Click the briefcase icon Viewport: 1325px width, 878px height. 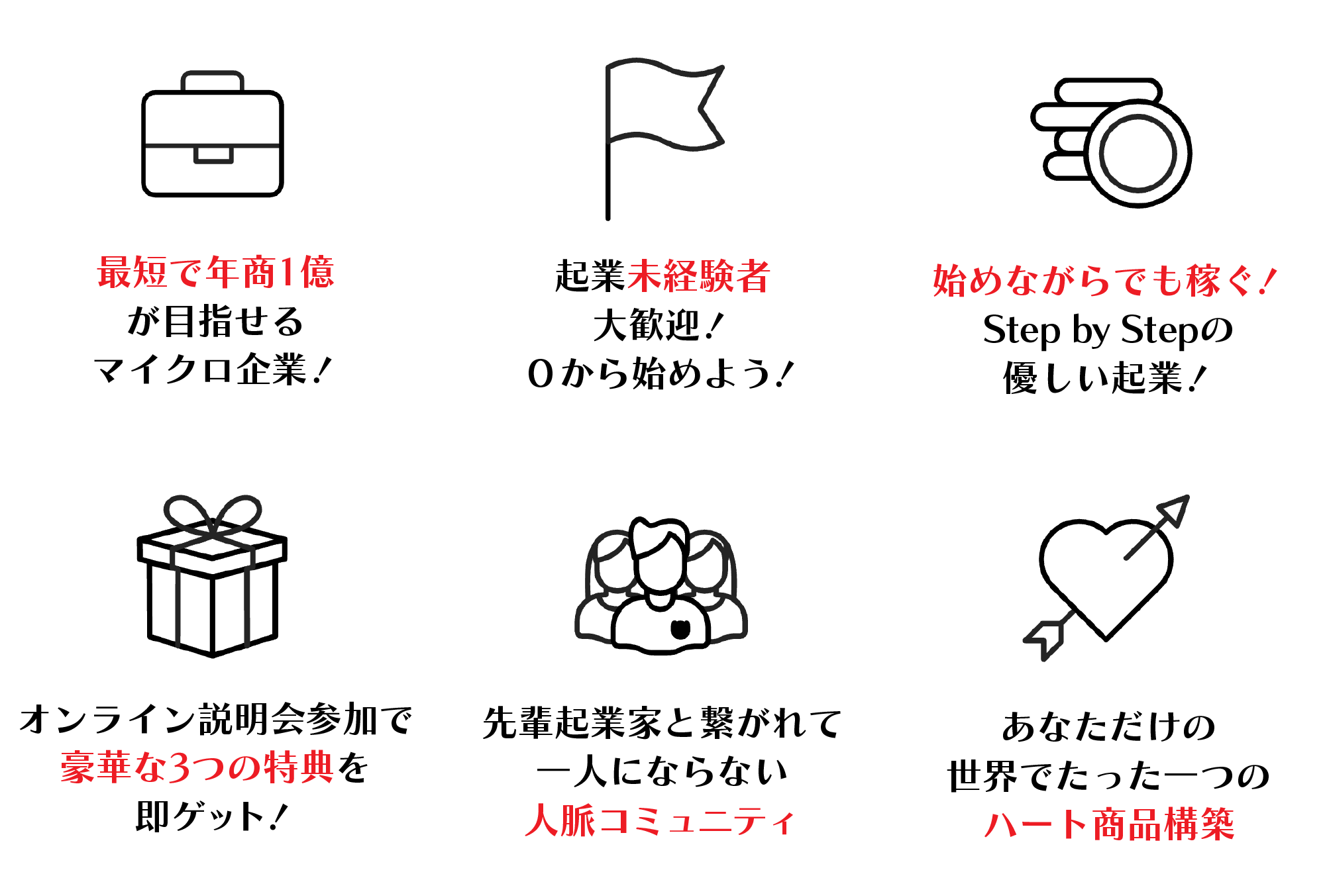(212, 145)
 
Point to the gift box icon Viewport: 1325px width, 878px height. (212, 575)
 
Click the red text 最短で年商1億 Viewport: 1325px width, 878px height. (216, 272)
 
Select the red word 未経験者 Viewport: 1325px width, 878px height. (698, 276)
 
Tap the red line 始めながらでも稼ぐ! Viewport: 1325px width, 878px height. (1104, 280)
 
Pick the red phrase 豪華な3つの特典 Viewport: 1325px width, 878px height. (197, 767)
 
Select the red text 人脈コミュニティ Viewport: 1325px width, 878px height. (660, 820)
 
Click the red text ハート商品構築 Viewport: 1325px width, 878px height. (1109, 824)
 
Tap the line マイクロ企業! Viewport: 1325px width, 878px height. (213, 369)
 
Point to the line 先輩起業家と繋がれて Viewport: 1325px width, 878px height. (662, 722)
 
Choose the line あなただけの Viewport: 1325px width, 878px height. (1108, 726)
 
